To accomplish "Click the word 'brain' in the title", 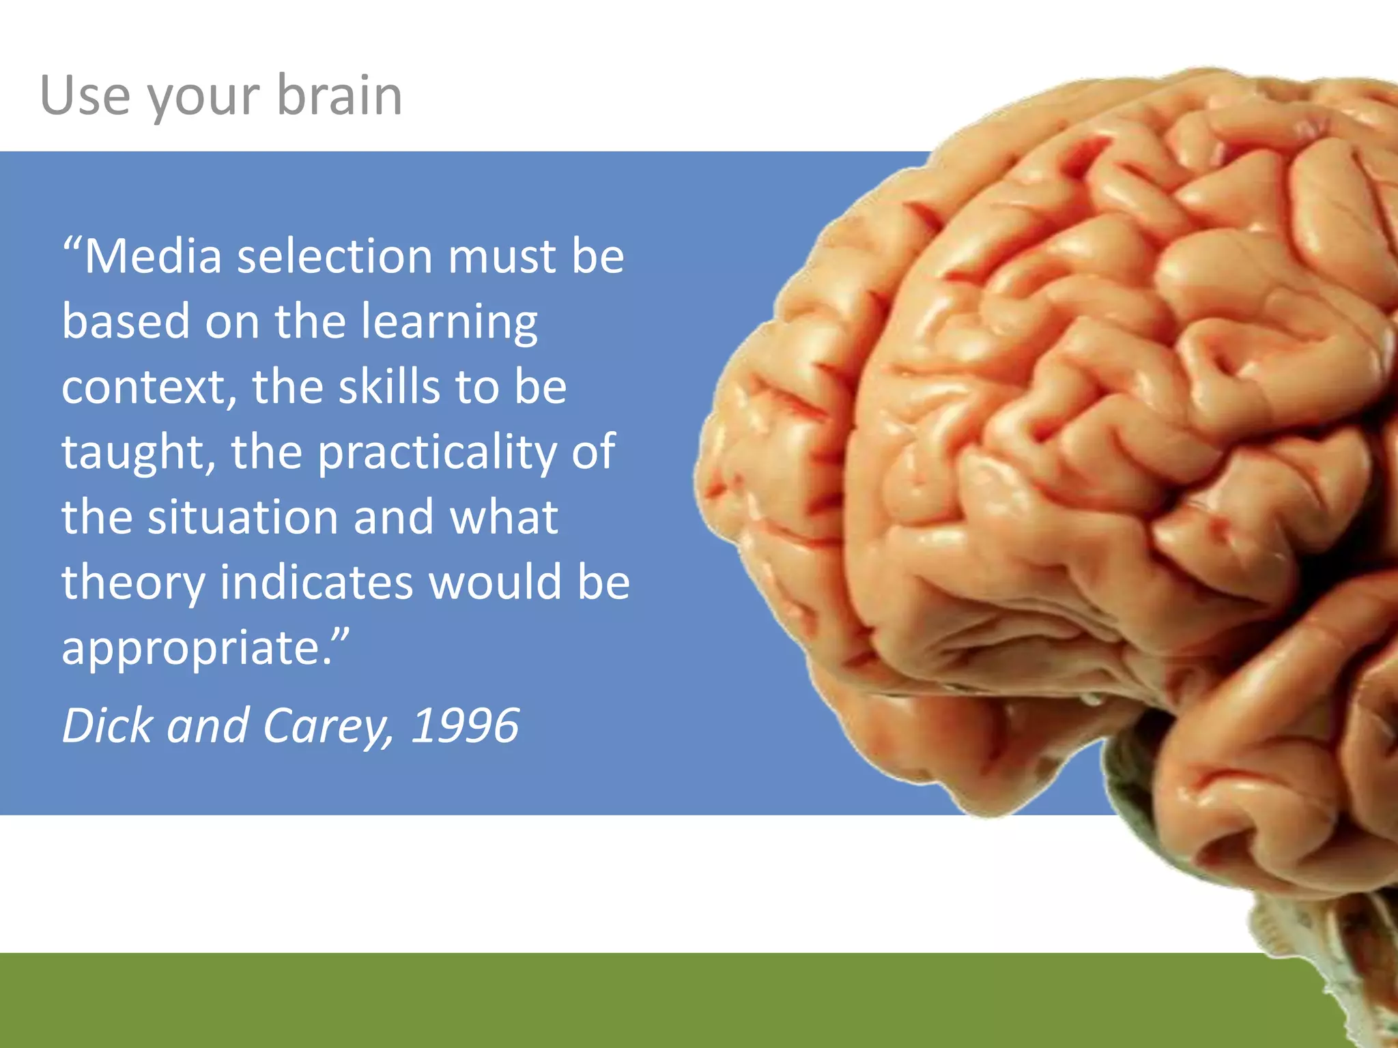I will (339, 95).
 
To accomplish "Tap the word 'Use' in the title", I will (85, 95).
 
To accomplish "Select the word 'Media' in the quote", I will (153, 257).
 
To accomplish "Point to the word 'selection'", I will (334, 257).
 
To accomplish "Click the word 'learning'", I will (449, 322).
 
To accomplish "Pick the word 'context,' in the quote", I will (149, 388).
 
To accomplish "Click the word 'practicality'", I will (437, 453).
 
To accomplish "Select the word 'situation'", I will (243, 517).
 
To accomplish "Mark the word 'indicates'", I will (317, 582).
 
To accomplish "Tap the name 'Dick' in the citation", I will (108, 725).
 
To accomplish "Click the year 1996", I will (465, 725).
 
